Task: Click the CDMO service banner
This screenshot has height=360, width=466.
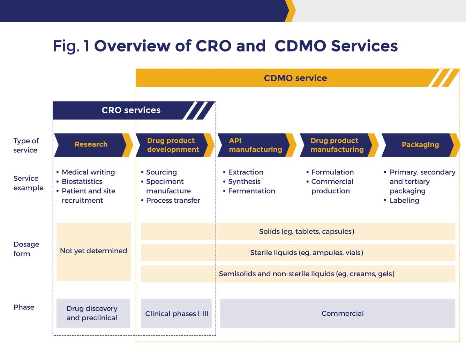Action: (x=295, y=78)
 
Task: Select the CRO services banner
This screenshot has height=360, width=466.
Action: (x=131, y=110)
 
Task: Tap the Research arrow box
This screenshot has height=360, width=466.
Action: (x=91, y=144)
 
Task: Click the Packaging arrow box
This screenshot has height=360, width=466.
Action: (x=420, y=145)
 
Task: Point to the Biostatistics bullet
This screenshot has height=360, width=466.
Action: (x=82, y=181)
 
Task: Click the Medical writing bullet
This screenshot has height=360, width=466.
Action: (x=88, y=172)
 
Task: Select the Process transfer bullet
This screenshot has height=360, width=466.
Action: (x=173, y=200)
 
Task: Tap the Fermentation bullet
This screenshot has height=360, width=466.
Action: (x=251, y=191)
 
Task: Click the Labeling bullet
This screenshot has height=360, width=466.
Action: (x=404, y=200)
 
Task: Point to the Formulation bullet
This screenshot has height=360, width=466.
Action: (x=332, y=172)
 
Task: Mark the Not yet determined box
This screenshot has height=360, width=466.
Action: (x=93, y=251)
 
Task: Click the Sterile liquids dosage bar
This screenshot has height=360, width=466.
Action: (x=306, y=253)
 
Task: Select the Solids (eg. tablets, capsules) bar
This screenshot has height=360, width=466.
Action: (x=306, y=231)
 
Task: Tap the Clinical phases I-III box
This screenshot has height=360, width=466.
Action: (x=176, y=313)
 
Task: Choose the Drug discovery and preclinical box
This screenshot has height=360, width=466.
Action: (x=92, y=313)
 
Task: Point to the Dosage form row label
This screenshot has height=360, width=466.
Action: (x=26, y=249)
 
